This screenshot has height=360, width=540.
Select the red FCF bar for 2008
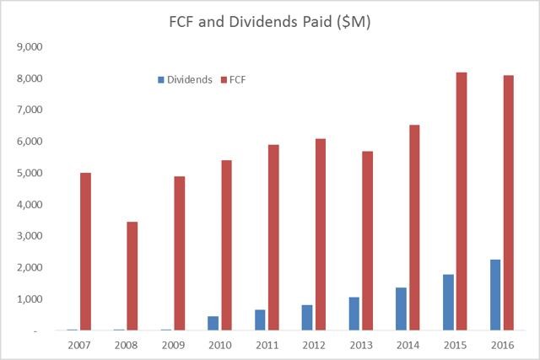[x=132, y=276]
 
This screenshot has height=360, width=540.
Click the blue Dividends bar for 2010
[x=213, y=323]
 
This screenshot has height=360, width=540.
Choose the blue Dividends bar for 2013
[x=354, y=314]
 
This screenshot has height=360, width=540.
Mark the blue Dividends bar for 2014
[x=401, y=309]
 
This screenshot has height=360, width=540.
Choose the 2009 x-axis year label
[x=173, y=344]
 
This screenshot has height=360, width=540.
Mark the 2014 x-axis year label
[x=407, y=344]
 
